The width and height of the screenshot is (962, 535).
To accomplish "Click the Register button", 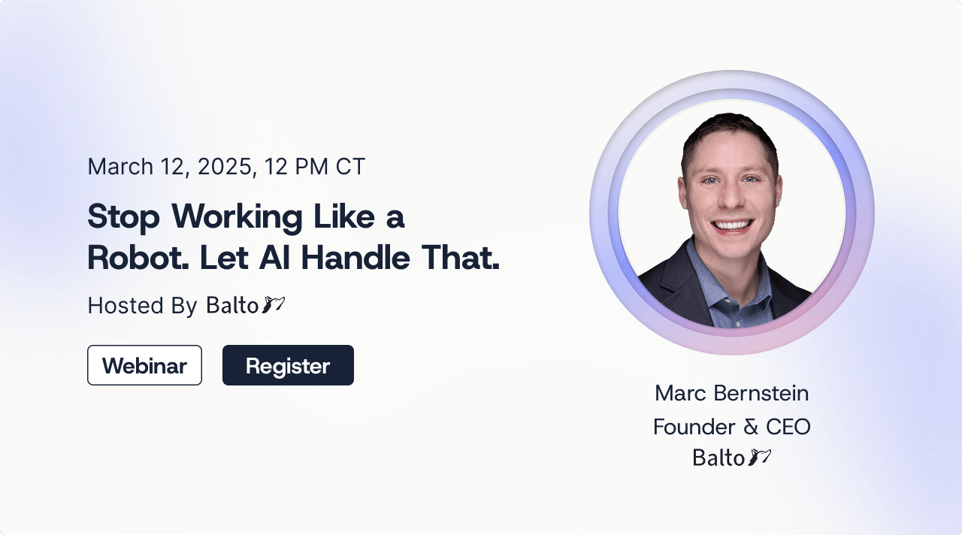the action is point(288,365).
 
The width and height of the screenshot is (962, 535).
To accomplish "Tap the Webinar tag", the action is point(144,365).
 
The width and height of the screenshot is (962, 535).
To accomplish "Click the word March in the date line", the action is point(120,166).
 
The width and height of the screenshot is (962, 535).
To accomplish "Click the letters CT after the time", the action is point(350,166).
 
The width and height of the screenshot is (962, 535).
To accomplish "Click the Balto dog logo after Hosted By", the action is point(273,304).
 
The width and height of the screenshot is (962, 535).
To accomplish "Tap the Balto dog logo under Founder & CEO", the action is point(759,457).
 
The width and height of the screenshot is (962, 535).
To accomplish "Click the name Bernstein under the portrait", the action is point(761,393).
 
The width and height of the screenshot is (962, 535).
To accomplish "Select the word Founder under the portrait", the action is point(694,427).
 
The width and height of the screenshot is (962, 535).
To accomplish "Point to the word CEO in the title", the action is point(788,427).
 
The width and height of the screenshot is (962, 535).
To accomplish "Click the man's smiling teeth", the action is point(732,225).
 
